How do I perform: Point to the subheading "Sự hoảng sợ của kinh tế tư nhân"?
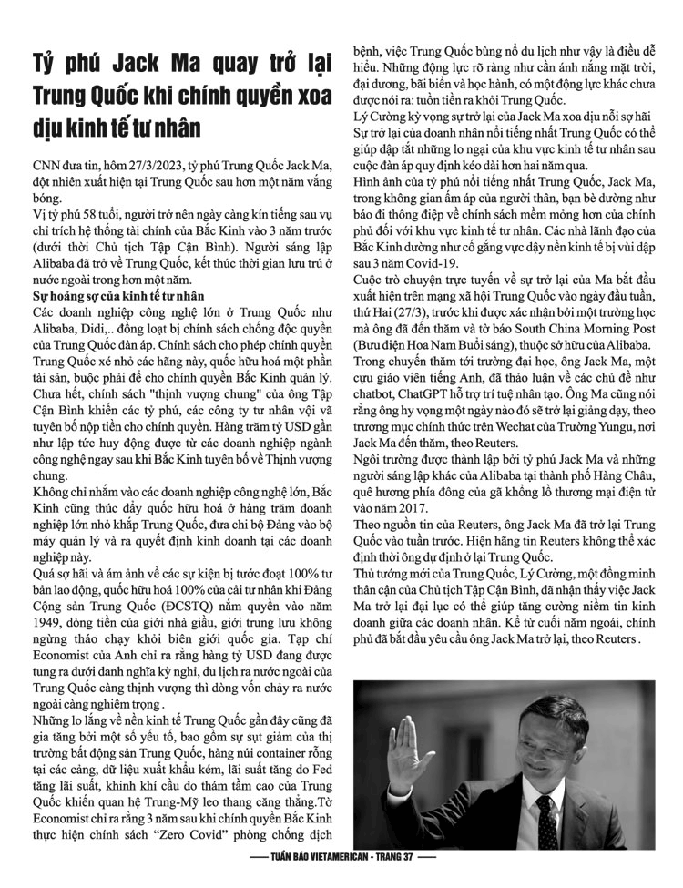pos(114,297)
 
